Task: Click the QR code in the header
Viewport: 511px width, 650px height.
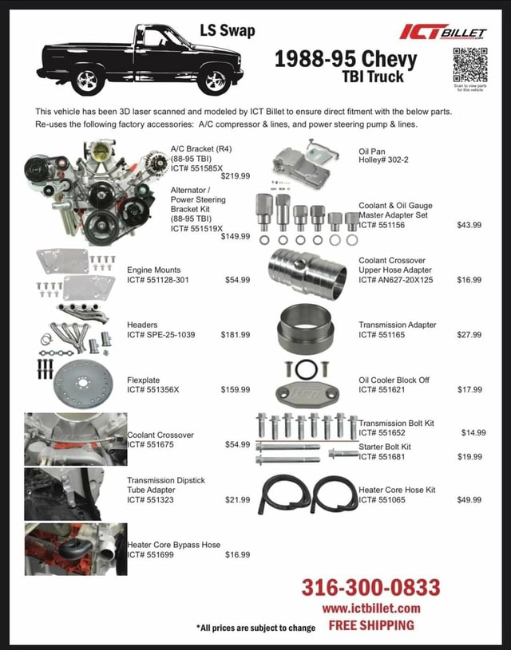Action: tap(469, 65)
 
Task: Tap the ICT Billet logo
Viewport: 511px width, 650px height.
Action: tap(444, 32)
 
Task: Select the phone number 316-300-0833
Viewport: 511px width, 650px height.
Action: tap(370, 588)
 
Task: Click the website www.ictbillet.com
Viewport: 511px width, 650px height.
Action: tap(371, 609)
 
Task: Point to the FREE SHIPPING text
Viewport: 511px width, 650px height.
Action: tap(371, 626)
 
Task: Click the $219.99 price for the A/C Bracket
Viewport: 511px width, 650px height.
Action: tap(235, 176)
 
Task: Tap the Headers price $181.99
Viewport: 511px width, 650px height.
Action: tap(235, 335)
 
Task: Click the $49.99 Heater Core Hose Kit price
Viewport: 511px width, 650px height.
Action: tap(469, 500)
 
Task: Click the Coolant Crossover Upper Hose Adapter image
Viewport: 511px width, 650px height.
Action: tap(307, 270)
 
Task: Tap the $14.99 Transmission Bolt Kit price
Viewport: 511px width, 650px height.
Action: tap(473, 432)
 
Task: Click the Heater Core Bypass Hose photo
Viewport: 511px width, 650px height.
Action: tap(75, 549)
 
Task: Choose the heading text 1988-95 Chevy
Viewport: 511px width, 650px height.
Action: tap(346, 59)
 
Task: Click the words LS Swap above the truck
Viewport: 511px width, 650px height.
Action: tap(228, 31)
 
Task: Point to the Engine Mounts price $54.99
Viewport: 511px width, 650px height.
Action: tap(237, 280)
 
